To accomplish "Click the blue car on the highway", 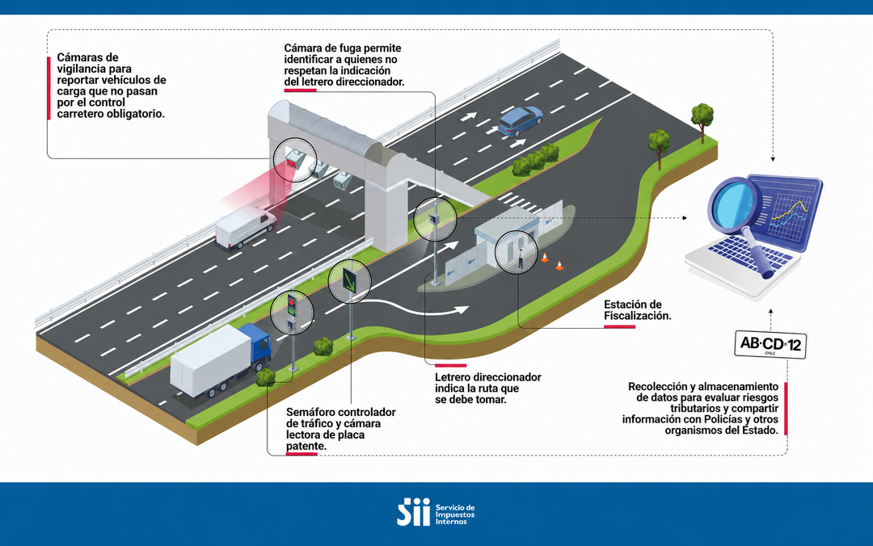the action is pos(520,121).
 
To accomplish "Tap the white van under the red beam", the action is pos(246,227).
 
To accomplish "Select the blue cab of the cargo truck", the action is pos(259,345).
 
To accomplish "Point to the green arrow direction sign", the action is pos(350,280).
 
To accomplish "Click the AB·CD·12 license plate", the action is pos(770,345).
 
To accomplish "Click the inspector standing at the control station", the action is pos(521,259).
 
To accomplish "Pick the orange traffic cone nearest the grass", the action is pos(559,266).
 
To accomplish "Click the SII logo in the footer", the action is pos(413,512).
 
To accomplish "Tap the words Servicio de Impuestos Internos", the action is pos(455,514).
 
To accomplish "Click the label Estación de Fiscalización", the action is pos(638,310).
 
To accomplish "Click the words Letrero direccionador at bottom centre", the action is pos(487,377).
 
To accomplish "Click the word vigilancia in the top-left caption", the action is pos(94,69).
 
